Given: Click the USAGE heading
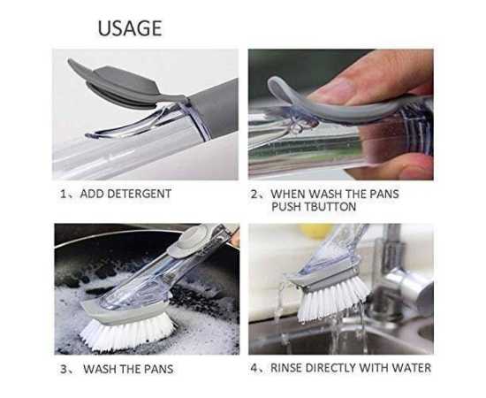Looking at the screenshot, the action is [130, 28].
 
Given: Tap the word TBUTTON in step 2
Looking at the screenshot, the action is [330, 207].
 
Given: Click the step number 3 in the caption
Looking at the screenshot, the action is [64, 369].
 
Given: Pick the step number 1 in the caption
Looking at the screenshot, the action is [64, 195].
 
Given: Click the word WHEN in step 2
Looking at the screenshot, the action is [288, 194].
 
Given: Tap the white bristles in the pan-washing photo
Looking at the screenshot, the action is [127, 333].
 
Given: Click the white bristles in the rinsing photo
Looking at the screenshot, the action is [333, 298].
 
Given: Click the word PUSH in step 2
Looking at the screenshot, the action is [286, 207].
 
